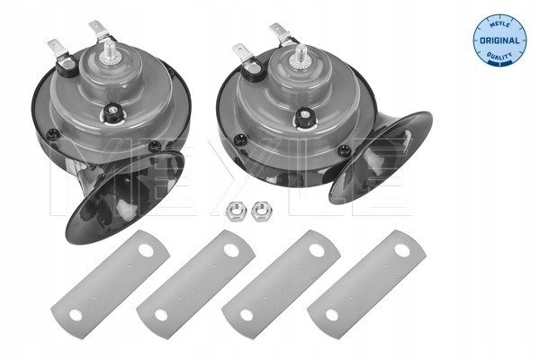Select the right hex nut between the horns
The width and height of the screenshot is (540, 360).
click(x=263, y=211)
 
